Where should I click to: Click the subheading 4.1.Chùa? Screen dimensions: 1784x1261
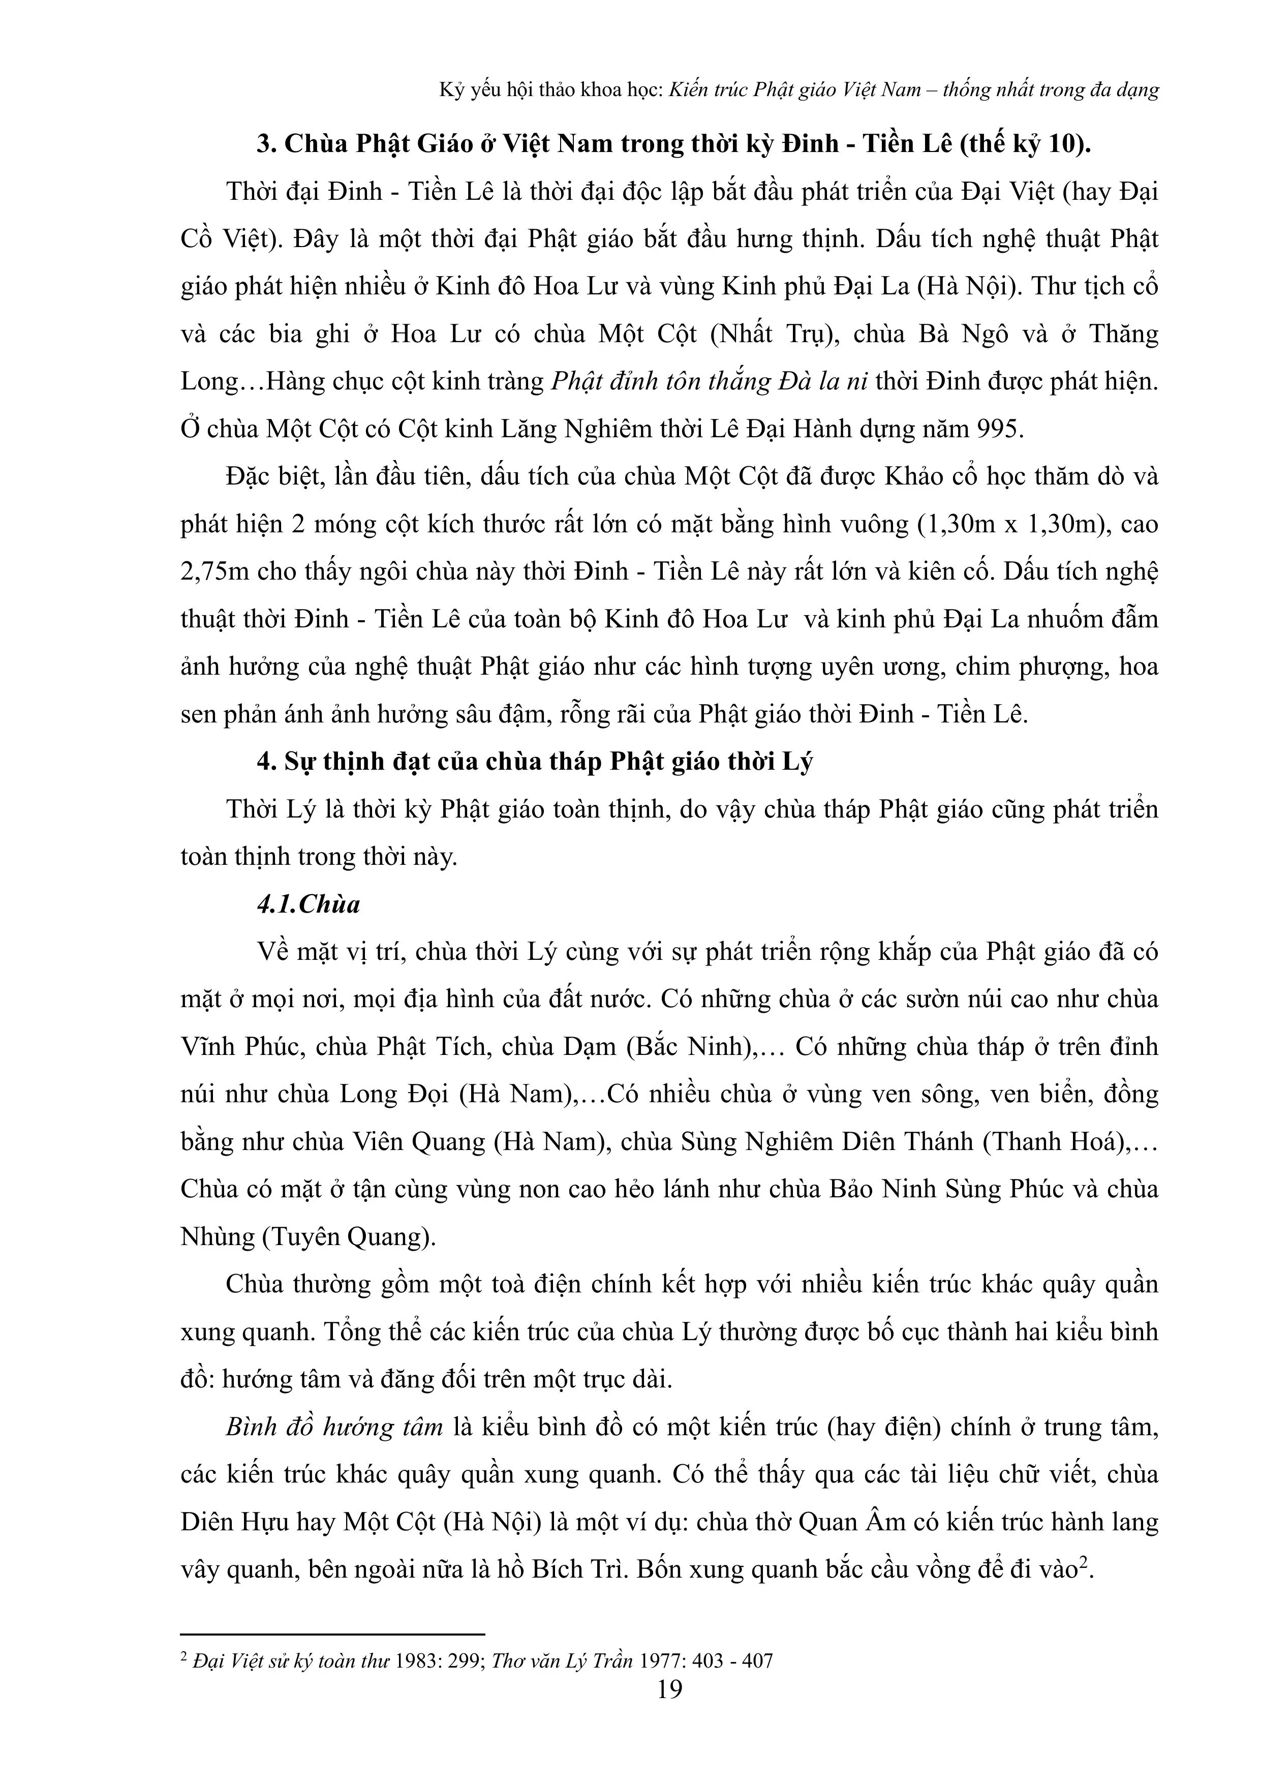(x=309, y=904)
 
